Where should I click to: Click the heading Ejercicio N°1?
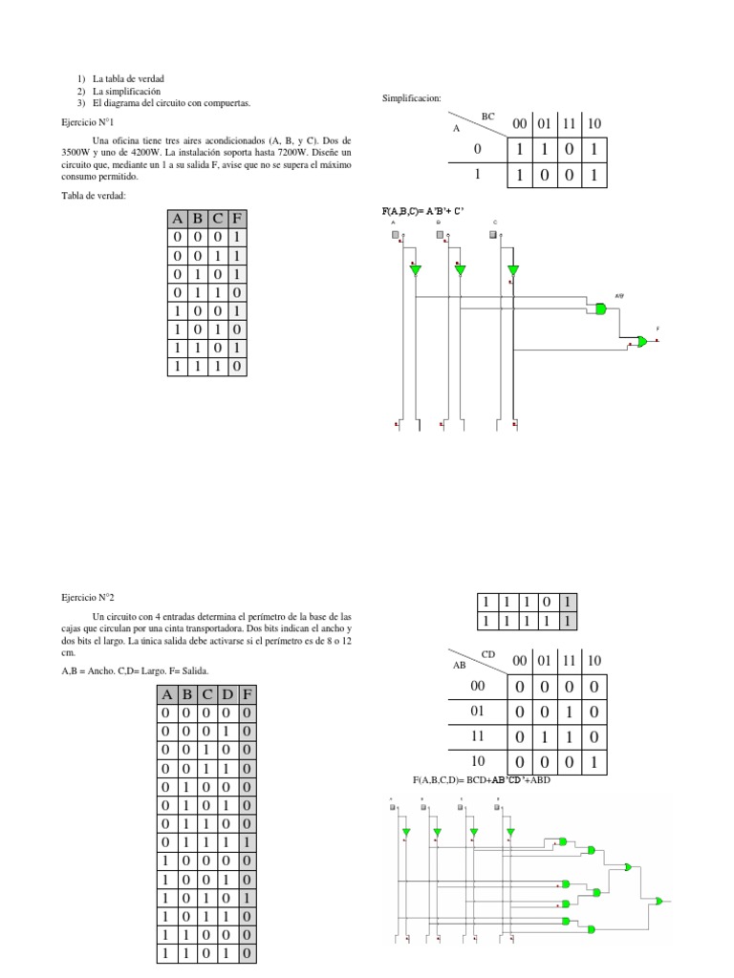coord(88,123)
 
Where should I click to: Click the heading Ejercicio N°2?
coord(88,596)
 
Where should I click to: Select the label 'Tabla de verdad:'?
coord(94,195)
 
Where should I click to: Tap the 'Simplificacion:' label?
coord(411,98)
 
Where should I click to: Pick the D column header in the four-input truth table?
coord(227,694)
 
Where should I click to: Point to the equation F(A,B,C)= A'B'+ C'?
coord(422,210)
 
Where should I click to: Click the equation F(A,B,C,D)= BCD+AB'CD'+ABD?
coord(482,780)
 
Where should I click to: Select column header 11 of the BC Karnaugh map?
coord(570,124)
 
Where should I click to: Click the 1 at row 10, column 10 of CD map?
coord(594,763)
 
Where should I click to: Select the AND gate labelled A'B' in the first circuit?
coord(600,308)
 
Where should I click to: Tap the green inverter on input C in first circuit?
coord(513,270)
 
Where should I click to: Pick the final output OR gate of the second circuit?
coord(659,900)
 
